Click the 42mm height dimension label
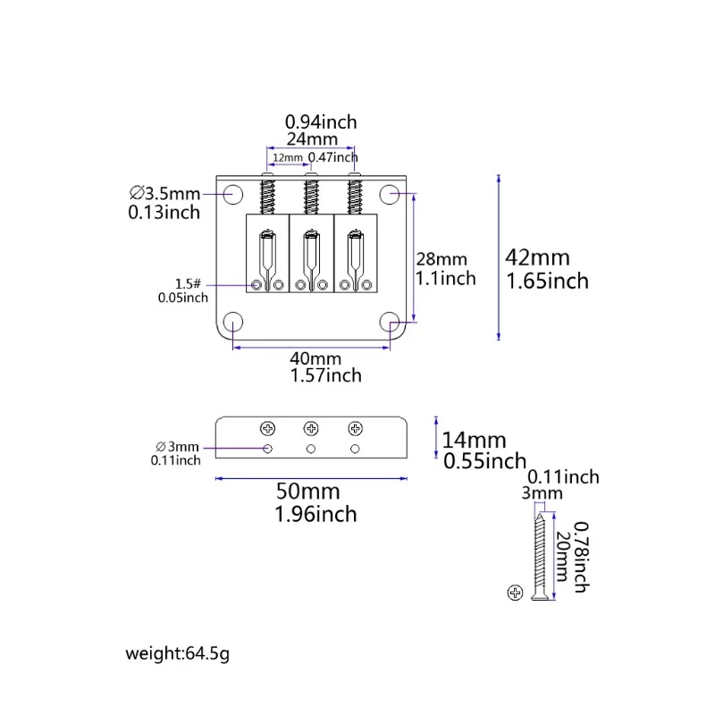click(x=538, y=257)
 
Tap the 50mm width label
click(x=307, y=492)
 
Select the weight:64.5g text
click(x=177, y=653)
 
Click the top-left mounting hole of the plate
click(x=233, y=194)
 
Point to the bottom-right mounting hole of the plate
click(x=390, y=322)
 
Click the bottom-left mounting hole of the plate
click(x=233, y=322)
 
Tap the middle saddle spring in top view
click(x=311, y=197)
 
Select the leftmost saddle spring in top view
click(x=267, y=197)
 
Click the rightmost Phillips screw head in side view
click(x=355, y=429)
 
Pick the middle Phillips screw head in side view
click(x=311, y=429)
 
